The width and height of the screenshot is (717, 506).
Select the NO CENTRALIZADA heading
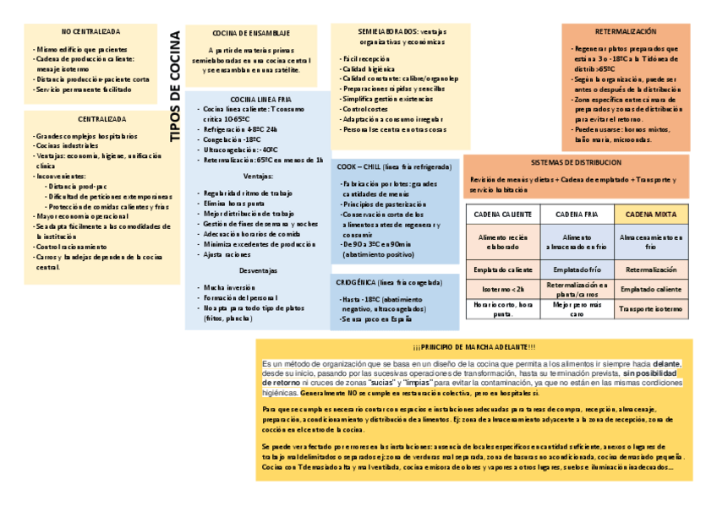[x=90, y=31]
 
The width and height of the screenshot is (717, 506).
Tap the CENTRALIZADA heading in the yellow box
[x=90, y=119]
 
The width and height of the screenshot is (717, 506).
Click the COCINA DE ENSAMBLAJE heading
[x=251, y=33]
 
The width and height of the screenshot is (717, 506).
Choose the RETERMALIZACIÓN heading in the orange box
[x=626, y=31]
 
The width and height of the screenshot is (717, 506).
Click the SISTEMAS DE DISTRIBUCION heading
[x=575, y=162]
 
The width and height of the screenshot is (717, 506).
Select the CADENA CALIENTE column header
[x=503, y=215]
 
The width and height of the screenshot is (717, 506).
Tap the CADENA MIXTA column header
[x=651, y=215]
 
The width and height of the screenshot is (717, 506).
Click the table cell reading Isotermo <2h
[x=503, y=289]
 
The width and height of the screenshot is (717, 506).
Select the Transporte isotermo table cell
[x=651, y=309]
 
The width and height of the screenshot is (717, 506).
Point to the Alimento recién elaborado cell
[x=503, y=243]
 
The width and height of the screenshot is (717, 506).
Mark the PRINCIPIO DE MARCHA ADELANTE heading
[x=474, y=347]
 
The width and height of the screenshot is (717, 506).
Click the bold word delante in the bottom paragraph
[x=666, y=363]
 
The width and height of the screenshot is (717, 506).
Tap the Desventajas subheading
[x=258, y=271]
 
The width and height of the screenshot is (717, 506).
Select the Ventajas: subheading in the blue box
[x=258, y=176]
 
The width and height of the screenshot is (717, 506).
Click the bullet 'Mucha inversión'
[x=231, y=287]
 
